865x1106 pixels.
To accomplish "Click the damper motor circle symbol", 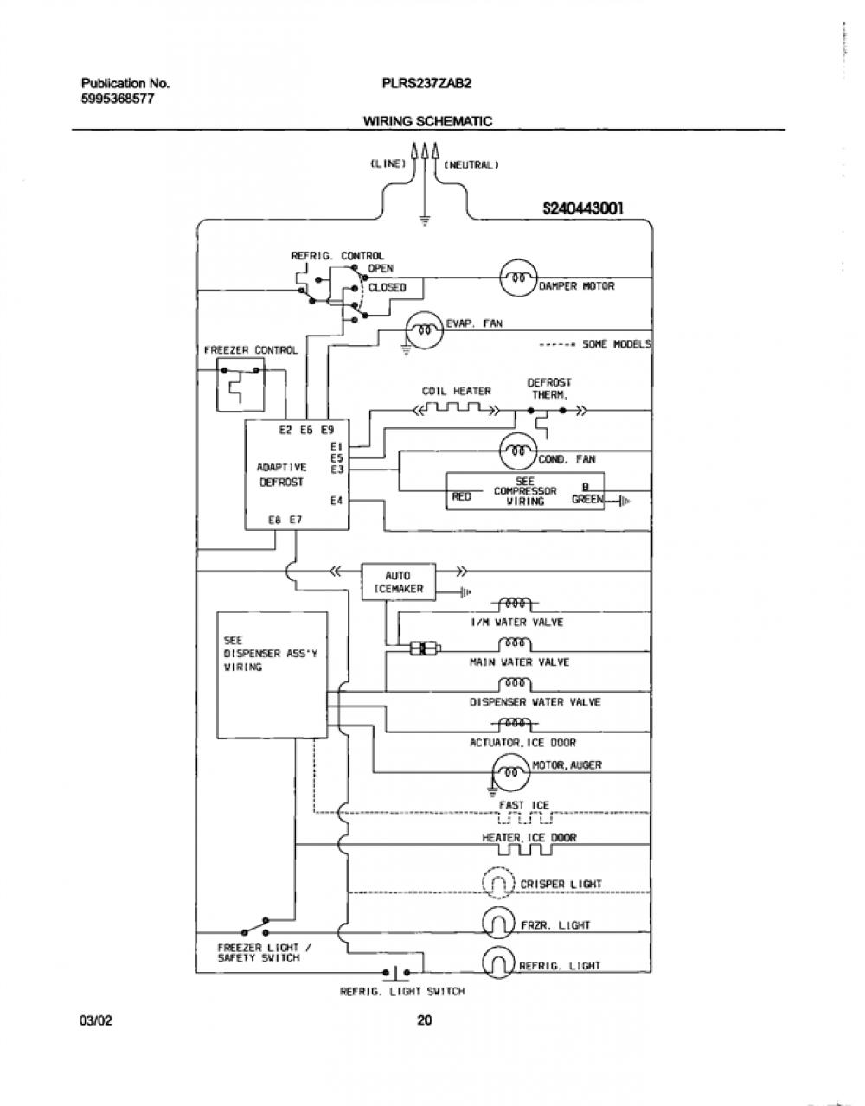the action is point(518,278).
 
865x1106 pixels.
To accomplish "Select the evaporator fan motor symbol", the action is point(425,329).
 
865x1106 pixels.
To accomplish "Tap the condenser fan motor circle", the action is point(518,451).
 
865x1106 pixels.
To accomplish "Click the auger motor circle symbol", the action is point(511,772).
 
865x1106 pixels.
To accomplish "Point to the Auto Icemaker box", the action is point(398,582).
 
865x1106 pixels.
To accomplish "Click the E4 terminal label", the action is point(336,501).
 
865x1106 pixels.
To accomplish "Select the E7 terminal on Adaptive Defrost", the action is point(296,520).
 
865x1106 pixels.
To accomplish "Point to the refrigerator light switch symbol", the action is point(396,973).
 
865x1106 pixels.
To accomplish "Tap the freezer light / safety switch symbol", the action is point(255,927).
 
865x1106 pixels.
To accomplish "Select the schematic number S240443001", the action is point(583,208).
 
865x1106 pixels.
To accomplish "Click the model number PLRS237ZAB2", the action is point(426,83).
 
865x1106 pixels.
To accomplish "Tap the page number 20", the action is point(424,1020).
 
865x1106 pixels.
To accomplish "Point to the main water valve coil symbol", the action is point(516,644).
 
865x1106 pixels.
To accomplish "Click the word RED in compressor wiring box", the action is point(461,496).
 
